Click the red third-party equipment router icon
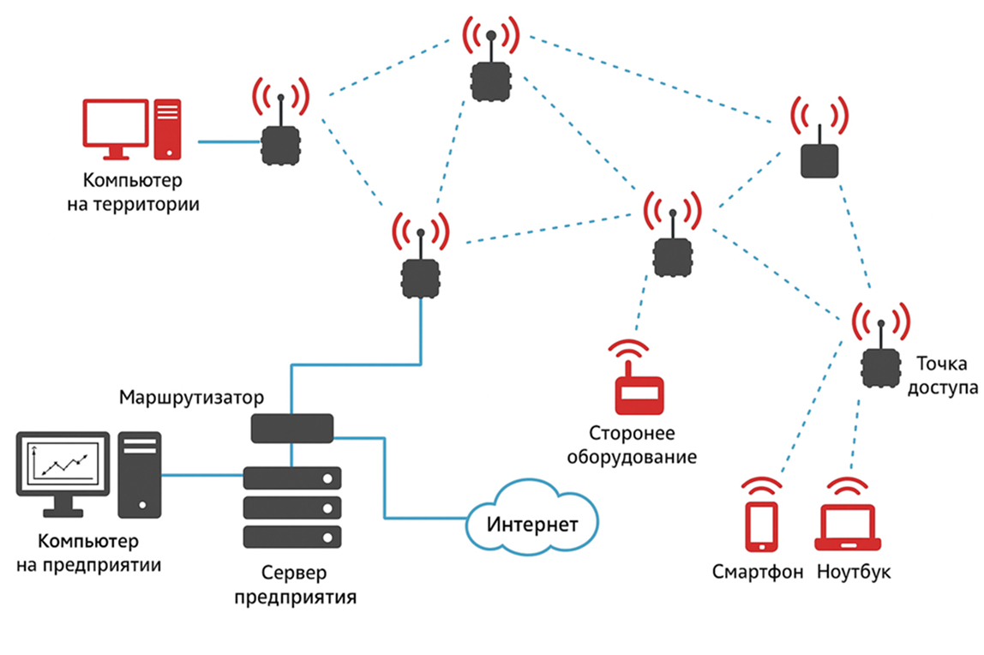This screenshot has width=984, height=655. click(639, 394)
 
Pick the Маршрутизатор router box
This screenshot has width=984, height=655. click(292, 428)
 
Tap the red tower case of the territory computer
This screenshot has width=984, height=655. click(168, 129)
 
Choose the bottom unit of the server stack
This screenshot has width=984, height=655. click(292, 537)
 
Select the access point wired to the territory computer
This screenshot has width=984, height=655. click(280, 146)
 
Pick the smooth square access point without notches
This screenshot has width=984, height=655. click(819, 160)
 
